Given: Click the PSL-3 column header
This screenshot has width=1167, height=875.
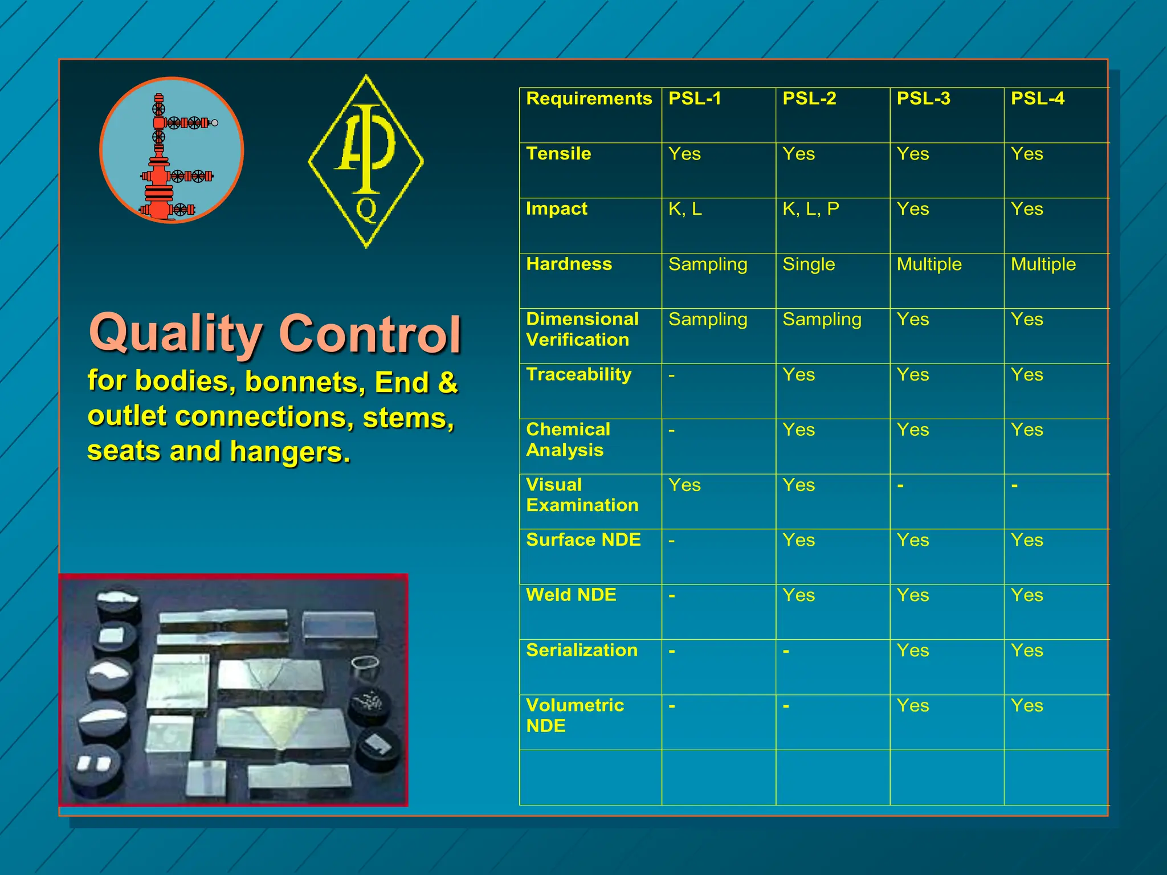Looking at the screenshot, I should pyautogui.click(x=923, y=99).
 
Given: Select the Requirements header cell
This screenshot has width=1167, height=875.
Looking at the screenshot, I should pyautogui.click(x=589, y=99).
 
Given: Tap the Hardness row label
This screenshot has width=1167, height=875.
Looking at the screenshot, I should pyautogui.click(x=569, y=264).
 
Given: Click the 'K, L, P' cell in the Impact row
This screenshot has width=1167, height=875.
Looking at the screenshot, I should pyautogui.click(x=810, y=209).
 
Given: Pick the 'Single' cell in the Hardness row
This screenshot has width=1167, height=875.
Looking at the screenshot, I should pyautogui.click(x=808, y=264).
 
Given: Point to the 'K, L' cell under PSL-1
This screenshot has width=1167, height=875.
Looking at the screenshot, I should pyautogui.click(x=685, y=209).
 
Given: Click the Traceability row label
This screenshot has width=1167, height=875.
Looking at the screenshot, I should pyautogui.click(x=578, y=375).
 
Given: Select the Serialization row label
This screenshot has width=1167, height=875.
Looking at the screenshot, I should pyautogui.click(x=581, y=651).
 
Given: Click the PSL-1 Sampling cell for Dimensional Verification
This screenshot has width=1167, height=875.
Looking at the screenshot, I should pyautogui.click(x=707, y=320).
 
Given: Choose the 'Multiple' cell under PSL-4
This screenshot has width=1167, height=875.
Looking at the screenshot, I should pyautogui.click(x=1043, y=264).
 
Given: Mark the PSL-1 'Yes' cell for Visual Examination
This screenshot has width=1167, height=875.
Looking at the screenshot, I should pyautogui.click(x=684, y=485).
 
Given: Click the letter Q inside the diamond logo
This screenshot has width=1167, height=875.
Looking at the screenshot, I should pyautogui.click(x=366, y=210).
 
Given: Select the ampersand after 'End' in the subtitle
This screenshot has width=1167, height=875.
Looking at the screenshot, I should pyautogui.click(x=447, y=382).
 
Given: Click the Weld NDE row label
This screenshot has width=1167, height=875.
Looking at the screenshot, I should pyautogui.click(x=571, y=595).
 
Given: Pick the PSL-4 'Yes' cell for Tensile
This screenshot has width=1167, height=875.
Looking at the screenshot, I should pyautogui.click(x=1027, y=154).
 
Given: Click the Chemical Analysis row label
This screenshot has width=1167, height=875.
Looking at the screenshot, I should pyautogui.click(x=568, y=440).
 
